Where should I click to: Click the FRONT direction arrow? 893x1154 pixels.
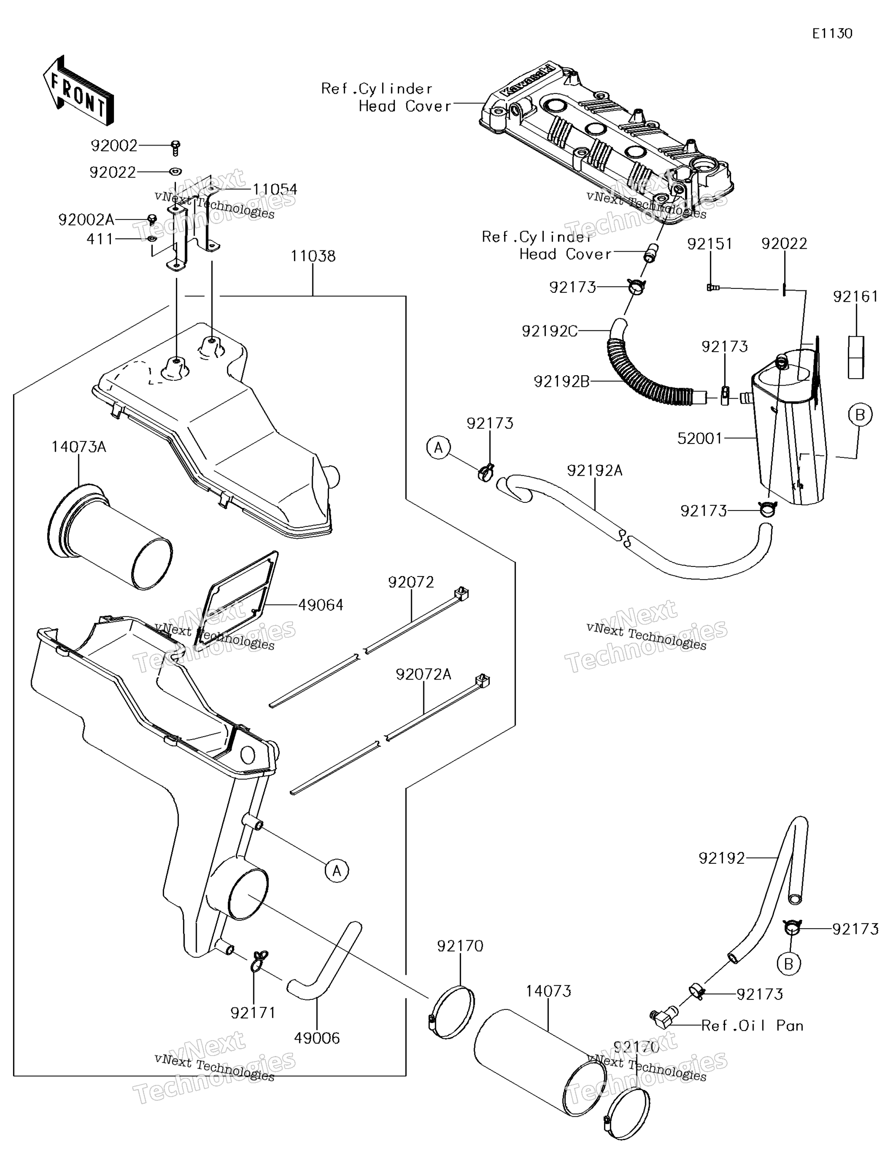[78, 91]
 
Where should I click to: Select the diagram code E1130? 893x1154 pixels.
[832, 34]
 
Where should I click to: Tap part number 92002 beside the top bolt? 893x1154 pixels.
[114, 145]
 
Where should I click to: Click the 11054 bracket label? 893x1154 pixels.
[274, 189]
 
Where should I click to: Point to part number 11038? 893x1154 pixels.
[313, 256]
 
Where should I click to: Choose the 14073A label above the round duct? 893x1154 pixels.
[79, 447]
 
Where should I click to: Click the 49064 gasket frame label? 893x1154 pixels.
[320, 605]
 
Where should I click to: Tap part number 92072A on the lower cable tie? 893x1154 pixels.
[423, 674]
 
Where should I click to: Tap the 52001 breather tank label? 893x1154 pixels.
[700, 438]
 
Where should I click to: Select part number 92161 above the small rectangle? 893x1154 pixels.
[855, 296]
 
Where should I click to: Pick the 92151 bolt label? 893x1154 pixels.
[710, 244]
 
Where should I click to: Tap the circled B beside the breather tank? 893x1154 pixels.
[860, 415]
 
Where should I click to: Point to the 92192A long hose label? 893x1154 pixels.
[594, 470]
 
